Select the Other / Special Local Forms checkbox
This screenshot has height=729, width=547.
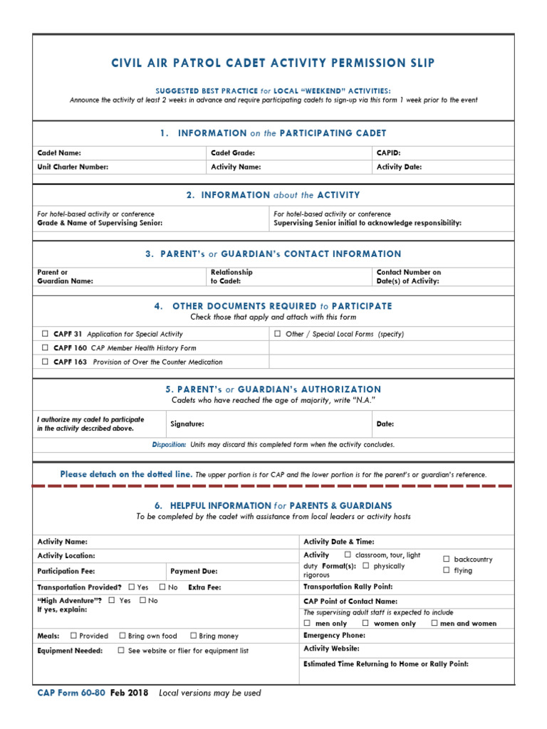pyautogui.click(x=278, y=333)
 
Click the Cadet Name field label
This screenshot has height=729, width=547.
pyautogui.click(x=59, y=153)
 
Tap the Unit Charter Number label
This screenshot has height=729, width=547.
pyautogui.click(x=73, y=167)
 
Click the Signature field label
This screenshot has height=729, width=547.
pyautogui.click(x=187, y=424)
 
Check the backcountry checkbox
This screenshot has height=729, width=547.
pyautogui.click(x=447, y=559)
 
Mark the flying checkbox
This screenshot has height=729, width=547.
pyautogui.click(x=447, y=570)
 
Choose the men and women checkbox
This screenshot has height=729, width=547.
pyautogui.click(x=434, y=623)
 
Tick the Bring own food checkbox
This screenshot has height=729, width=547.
pyautogui.click(x=123, y=636)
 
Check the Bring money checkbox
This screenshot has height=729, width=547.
pyautogui.click(x=193, y=636)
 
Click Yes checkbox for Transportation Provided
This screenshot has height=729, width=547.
pyautogui.click(x=132, y=587)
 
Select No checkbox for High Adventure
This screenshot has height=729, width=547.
pyautogui.click(x=142, y=600)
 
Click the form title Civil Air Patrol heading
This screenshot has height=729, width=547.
pyautogui.click(x=273, y=63)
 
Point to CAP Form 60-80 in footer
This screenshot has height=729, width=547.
pyautogui.click(x=71, y=693)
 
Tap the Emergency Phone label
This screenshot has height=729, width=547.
pyautogui.click(x=334, y=635)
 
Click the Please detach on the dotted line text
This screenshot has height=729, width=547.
pyautogui.click(x=126, y=474)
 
